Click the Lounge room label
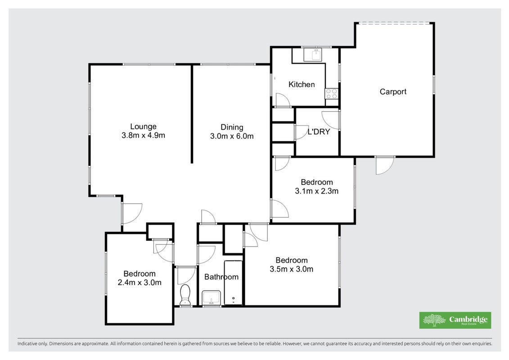pos(143,126)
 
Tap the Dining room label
pos(232,127)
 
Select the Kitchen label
pos(302,85)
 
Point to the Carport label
pos(393,91)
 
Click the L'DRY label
pos(319,132)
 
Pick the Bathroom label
pos(221,277)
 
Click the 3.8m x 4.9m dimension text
pos(143,135)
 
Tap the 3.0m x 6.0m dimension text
pos(232,136)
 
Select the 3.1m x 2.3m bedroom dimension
pos(316,191)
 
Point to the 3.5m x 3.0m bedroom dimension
pos(292,269)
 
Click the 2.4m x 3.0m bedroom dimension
pos(140,283)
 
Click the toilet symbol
pos(185,295)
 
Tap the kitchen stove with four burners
pos(331,94)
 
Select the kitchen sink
pos(313,55)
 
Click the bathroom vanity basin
pos(212,297)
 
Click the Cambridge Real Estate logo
pos(455,320)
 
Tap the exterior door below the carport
pos(385,165)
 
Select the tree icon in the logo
pos(434,320)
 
